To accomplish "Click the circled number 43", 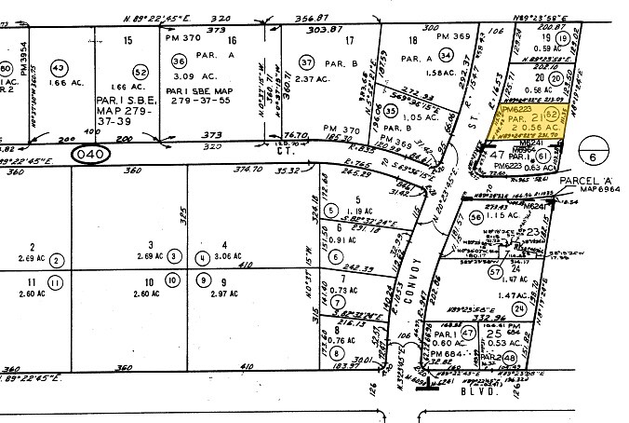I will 59,69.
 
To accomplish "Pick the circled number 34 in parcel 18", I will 446,55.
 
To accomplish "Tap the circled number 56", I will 476,217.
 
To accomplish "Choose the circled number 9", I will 200,280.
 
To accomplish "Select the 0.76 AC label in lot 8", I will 346,340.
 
